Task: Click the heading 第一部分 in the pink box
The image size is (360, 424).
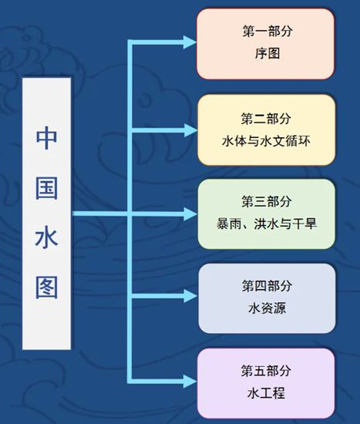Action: pyautogui.click(x=267, y=31)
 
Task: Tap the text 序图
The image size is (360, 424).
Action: pyautogui.click(x=267, y=53)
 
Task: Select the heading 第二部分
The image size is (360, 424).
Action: pyautogui.click(x=266, y=119)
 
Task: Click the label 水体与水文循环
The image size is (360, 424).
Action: pyautogui.click(x=266, y=141)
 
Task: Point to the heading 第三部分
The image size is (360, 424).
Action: pyautogui.click(x=267, y=201)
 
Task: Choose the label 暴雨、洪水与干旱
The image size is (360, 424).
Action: pyautogui.click(x=267, y=224)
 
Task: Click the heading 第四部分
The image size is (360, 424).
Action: pyautogui.click(x=267, y=286)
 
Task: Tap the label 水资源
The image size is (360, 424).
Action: pyautogui.click(x=267, y=308)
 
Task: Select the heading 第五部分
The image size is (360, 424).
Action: pyautogui.click(x=266, y=371)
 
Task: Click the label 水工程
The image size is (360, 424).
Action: pyautogui.click(x=266, y=393)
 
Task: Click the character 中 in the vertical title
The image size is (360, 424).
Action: pyautogui.click(x=46, y=138)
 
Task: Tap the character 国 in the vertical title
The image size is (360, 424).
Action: pyautogui.click(x=46, y=188)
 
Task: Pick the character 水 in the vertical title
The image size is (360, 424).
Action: pyautogui.click(x=46, y=238)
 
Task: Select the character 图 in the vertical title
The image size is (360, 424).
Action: pyautogui.click(x=46, y=288)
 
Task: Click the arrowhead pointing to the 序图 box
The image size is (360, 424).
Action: pyautogui.click(x=190, y=42)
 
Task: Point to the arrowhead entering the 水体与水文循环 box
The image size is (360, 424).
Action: pyautogui.click(x=190, y=130)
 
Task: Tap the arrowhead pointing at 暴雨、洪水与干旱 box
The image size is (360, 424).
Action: pyautogui.click(x=190, y=214)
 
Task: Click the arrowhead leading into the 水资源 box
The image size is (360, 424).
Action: pyautogui.click(x=190, y=296)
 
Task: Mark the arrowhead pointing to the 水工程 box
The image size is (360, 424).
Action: pyautogui.click(x=190, y=382)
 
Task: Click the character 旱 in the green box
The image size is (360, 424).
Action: pyautogui.click(x=311, y=224)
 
